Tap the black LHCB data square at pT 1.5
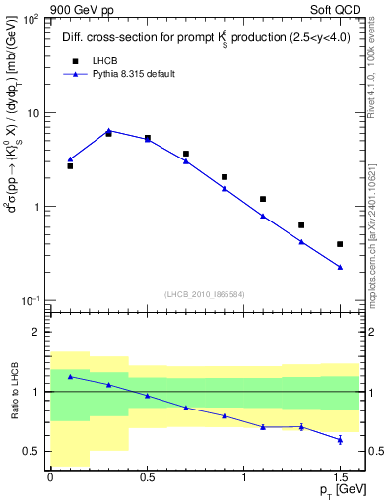pos(340,244)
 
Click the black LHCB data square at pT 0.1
pos(70,166)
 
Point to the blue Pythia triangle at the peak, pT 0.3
pos(108,130)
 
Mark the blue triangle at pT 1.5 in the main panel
pos(340,267)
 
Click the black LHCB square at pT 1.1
pos(263,199)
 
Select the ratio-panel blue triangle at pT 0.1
pos(70,376)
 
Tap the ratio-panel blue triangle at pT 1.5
pos(340,439)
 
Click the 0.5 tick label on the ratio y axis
pos(33,452)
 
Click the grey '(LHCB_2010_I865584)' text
pos(205,294)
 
